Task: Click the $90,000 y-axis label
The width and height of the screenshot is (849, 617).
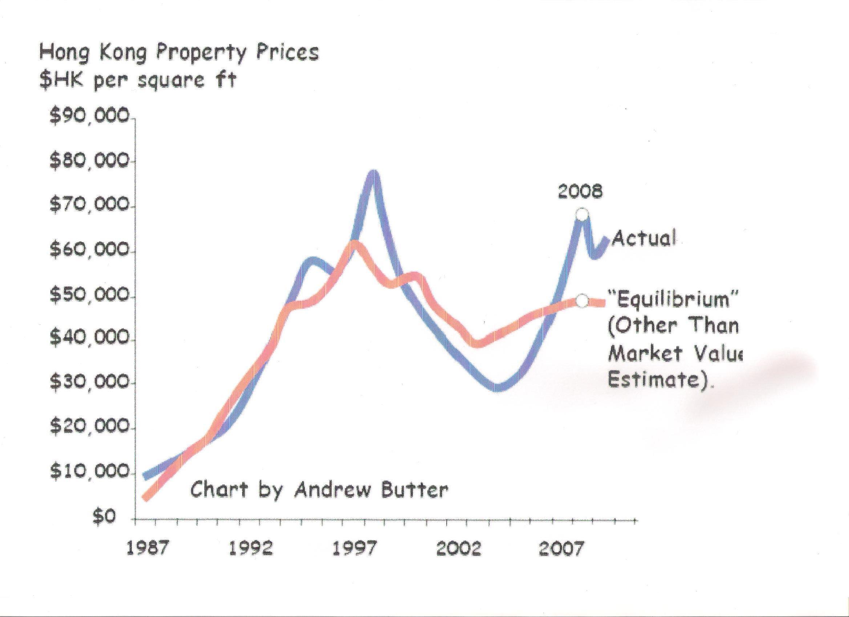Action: click(90, 117)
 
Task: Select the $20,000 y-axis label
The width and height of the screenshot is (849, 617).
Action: click(90, 427)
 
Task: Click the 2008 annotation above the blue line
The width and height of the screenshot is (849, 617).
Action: click(580, 192)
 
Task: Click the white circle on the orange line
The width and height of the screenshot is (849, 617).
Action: click(581, 301)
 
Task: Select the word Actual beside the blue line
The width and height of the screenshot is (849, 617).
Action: click(644, 238)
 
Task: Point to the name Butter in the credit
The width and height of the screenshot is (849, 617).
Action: click(414, 489)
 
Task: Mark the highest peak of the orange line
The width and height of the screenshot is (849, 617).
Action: click(353, 244)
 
